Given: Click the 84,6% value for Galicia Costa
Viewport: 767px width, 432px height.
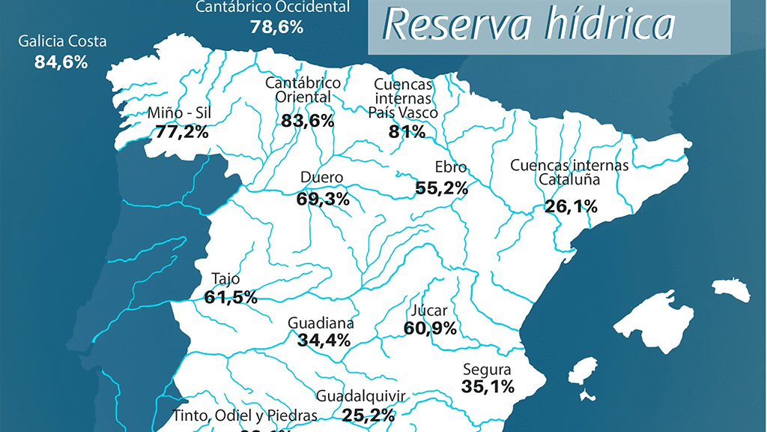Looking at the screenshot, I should tap(61, 61).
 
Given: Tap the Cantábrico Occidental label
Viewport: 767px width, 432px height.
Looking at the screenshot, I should tap(273, 7).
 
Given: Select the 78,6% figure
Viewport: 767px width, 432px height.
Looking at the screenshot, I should tap(276, 27).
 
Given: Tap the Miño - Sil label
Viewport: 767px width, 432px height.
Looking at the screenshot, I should tap(181, 114).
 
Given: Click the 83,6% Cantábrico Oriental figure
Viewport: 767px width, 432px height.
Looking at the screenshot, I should tap(308, 120).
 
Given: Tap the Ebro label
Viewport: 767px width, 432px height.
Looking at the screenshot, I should tap(450, 168).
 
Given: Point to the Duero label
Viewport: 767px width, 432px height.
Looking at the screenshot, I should tap(321, 178).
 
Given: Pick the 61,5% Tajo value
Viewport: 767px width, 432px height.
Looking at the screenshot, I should tap(231, 297).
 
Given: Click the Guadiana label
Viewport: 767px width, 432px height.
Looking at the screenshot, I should tap(321, 323).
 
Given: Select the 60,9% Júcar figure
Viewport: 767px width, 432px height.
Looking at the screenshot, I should tap(430, 328).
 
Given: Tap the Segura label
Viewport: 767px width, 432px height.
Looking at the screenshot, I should tap(487, 369).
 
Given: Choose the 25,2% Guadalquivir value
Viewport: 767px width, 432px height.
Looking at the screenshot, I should tap(369, 414).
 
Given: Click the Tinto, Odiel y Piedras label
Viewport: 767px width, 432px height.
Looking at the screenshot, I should tap(245, 415).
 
